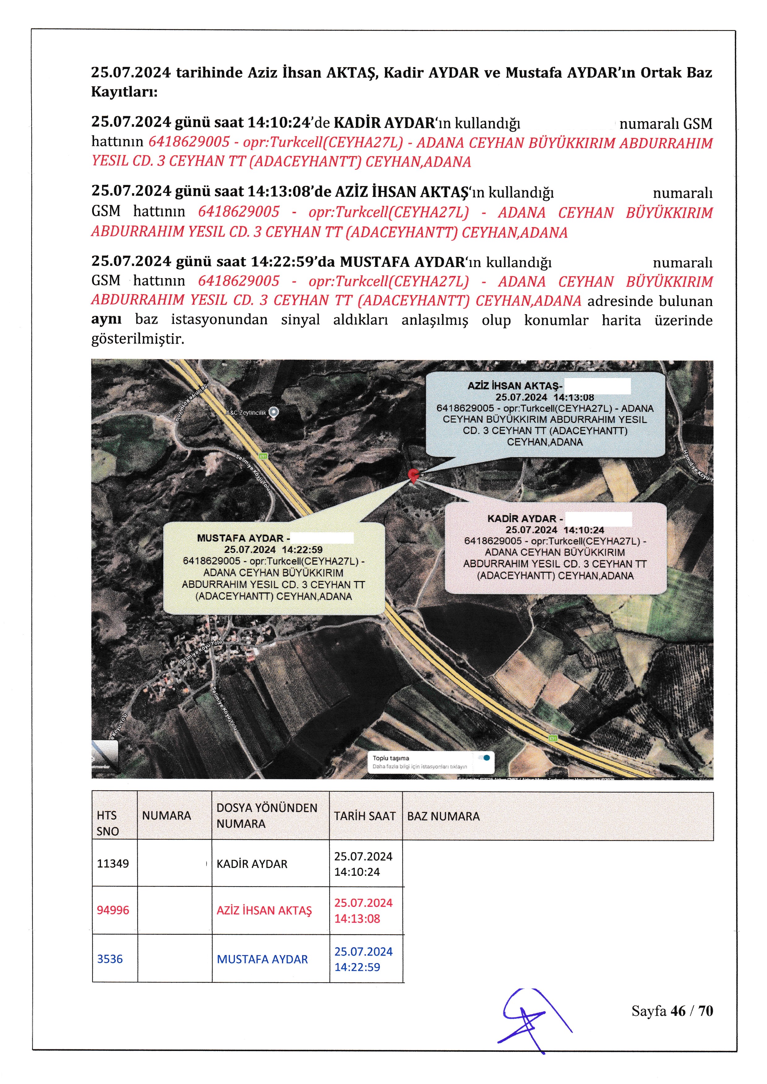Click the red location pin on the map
coord(414,475)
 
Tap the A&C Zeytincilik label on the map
coord(246,413)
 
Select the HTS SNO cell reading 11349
coord(113,864)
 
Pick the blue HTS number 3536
coord(110,959)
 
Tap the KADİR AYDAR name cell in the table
coord(252,864)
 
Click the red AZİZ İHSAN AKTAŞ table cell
coord(264,910)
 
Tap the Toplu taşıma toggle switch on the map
coord(485,758)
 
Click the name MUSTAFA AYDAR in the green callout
coord(240,538)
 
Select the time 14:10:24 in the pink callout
coord(584,530)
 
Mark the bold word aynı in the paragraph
coord(106,320)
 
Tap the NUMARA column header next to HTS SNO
coord(166,816)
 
